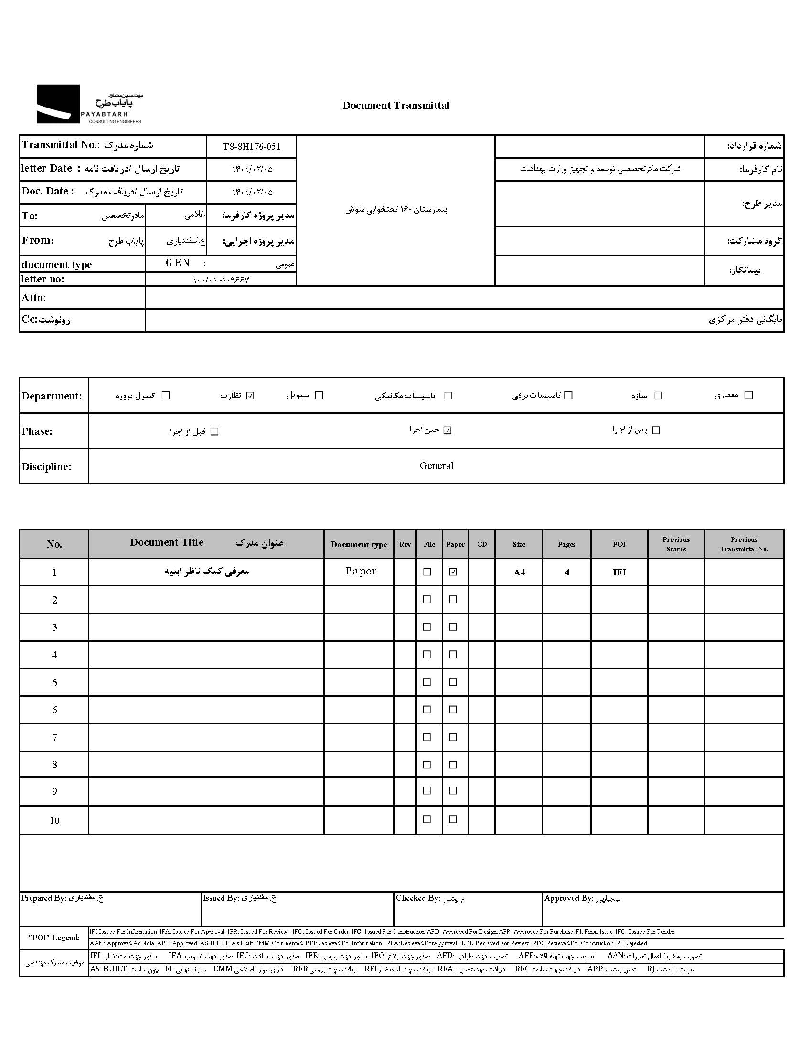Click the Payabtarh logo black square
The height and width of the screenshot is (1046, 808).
click(58, 104)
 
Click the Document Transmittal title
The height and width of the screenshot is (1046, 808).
click(396, 106)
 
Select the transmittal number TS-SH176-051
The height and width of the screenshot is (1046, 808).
click(251, 147)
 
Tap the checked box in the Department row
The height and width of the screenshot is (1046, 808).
click(250, 396)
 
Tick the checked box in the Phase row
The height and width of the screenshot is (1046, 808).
click(447, 431)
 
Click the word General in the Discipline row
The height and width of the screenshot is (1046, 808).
click(436, 466)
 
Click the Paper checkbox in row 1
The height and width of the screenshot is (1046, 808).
click(453, 572)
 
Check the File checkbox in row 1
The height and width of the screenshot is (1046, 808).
click(427, 572)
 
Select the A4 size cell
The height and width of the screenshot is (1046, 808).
click(519, 572)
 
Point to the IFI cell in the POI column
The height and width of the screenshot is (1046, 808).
click(619, 572)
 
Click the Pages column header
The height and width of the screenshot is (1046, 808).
click(566, 545)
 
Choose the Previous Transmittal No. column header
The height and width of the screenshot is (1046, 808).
click(744, 545)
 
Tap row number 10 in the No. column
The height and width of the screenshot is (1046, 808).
click(54, 820)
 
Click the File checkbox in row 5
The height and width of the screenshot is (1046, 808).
click(427, 682)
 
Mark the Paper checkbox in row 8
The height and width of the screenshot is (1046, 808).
click(453, 765)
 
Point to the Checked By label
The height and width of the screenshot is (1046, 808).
click(418, 898)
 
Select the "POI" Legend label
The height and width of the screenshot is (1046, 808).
click(54, 938)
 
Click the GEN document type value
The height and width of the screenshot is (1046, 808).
click(178, 263)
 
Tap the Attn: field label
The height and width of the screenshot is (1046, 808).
click(34, 298)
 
